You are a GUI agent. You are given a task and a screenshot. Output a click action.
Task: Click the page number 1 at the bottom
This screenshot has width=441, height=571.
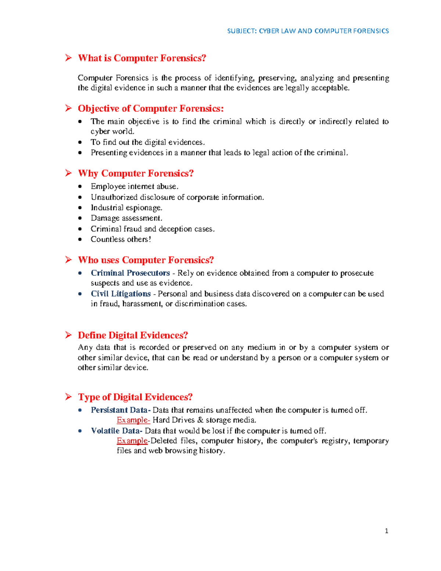[x=386, y=531]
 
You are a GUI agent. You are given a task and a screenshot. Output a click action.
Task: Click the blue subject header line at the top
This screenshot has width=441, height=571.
[x=308, y=31]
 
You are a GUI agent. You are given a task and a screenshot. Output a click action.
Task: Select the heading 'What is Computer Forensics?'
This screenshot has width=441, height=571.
[x=142, y=58]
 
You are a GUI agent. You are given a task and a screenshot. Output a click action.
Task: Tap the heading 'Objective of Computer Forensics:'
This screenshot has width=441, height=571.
[x=151, y=108]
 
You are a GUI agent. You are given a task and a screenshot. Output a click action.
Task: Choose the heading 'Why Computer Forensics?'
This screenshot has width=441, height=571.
[x=136, y=173]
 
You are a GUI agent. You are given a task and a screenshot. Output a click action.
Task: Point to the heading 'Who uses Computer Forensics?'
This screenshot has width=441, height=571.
[x=146, y=260]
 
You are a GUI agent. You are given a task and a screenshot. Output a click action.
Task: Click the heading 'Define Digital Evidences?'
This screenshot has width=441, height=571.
[x=133, y=335]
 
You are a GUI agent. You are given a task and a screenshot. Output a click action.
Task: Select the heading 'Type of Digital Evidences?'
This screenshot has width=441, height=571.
[x=135, y=397]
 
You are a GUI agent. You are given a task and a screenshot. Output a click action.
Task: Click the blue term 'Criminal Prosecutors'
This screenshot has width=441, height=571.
[x=130, y=273]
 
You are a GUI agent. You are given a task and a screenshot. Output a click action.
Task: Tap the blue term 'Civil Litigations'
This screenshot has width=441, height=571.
[x=121, y=294]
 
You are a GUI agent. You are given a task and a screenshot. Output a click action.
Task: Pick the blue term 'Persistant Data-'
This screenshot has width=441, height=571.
[x=121, y=410]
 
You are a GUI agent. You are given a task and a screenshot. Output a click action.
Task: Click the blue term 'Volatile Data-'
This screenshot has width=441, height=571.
[x=116, y=431]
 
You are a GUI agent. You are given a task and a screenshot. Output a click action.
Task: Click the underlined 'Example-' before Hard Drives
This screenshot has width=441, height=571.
[x=133, y=420]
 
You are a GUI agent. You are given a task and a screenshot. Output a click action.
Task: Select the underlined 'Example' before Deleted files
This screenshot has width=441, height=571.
[x=132, y=440]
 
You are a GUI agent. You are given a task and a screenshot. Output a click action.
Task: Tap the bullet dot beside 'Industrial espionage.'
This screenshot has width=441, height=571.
[x=80, y=208]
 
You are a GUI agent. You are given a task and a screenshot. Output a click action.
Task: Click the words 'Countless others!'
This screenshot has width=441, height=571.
[x=121, y=239]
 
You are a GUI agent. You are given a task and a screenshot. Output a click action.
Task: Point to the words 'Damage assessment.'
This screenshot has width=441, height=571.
[x=126, y=218]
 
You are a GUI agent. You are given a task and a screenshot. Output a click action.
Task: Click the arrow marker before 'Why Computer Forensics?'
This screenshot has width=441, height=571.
[x=68, y=173]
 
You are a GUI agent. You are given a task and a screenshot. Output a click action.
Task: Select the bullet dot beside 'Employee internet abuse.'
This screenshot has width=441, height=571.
[x=80, y=187]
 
